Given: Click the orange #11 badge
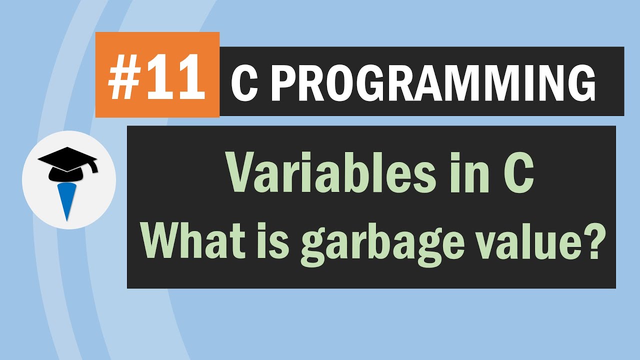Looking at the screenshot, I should click(x=157, y=74).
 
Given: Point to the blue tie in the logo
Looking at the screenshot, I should click(x=66, y=200).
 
